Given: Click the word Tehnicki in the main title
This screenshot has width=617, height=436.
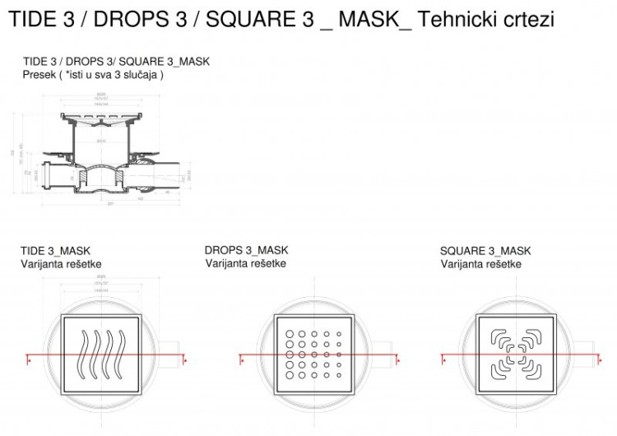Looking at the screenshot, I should click(x=454, y=19).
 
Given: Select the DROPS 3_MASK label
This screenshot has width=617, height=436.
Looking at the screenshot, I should click(x=246, y=250).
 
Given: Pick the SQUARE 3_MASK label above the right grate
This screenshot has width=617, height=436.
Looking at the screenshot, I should click(x=485, y=251).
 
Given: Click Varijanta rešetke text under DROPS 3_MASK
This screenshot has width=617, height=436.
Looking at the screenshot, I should click(x=246, y=263).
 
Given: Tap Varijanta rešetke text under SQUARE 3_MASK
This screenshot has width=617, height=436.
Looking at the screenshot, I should click(x=480, y=264).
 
